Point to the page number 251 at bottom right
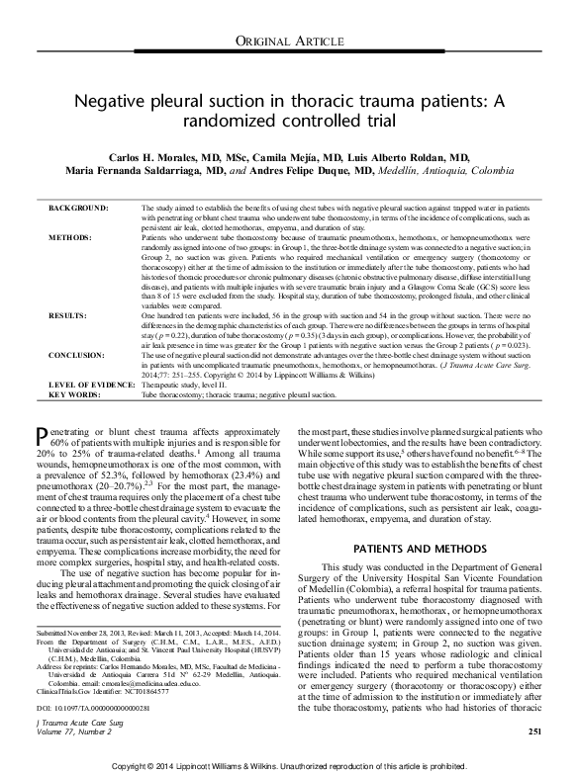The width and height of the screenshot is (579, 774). click(x=534, y=731)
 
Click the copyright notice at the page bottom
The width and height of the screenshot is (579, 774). click(x=289, y=765)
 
